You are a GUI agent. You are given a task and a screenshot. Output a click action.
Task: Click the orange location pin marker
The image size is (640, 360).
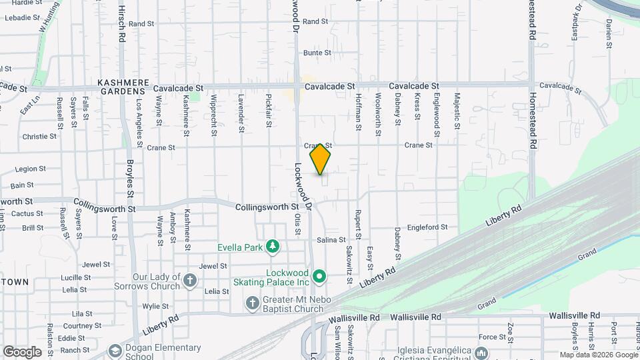pos(320,159)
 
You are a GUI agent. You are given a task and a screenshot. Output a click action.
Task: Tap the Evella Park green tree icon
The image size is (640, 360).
pos(272,247)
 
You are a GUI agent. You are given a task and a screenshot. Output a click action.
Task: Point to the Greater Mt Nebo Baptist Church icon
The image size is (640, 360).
pos(252,304)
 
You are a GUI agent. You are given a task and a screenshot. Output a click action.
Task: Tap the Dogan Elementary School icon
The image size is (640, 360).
pos(115,350)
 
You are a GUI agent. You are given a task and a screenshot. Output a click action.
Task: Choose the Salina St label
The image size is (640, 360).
pos(331,240)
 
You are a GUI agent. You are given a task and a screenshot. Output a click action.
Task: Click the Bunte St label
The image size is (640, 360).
pos(317,53)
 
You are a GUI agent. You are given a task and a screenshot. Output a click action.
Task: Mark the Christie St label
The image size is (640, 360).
pos(39,136)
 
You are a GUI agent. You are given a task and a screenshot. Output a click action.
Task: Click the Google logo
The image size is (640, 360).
pos(22,351)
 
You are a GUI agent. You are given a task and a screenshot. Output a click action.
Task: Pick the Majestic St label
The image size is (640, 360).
pos(457,110)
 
